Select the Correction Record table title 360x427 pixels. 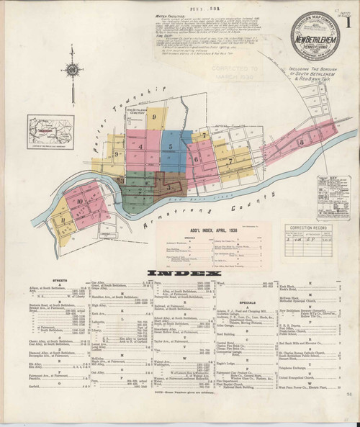point(307,227)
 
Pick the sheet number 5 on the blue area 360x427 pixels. point(171,146)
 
